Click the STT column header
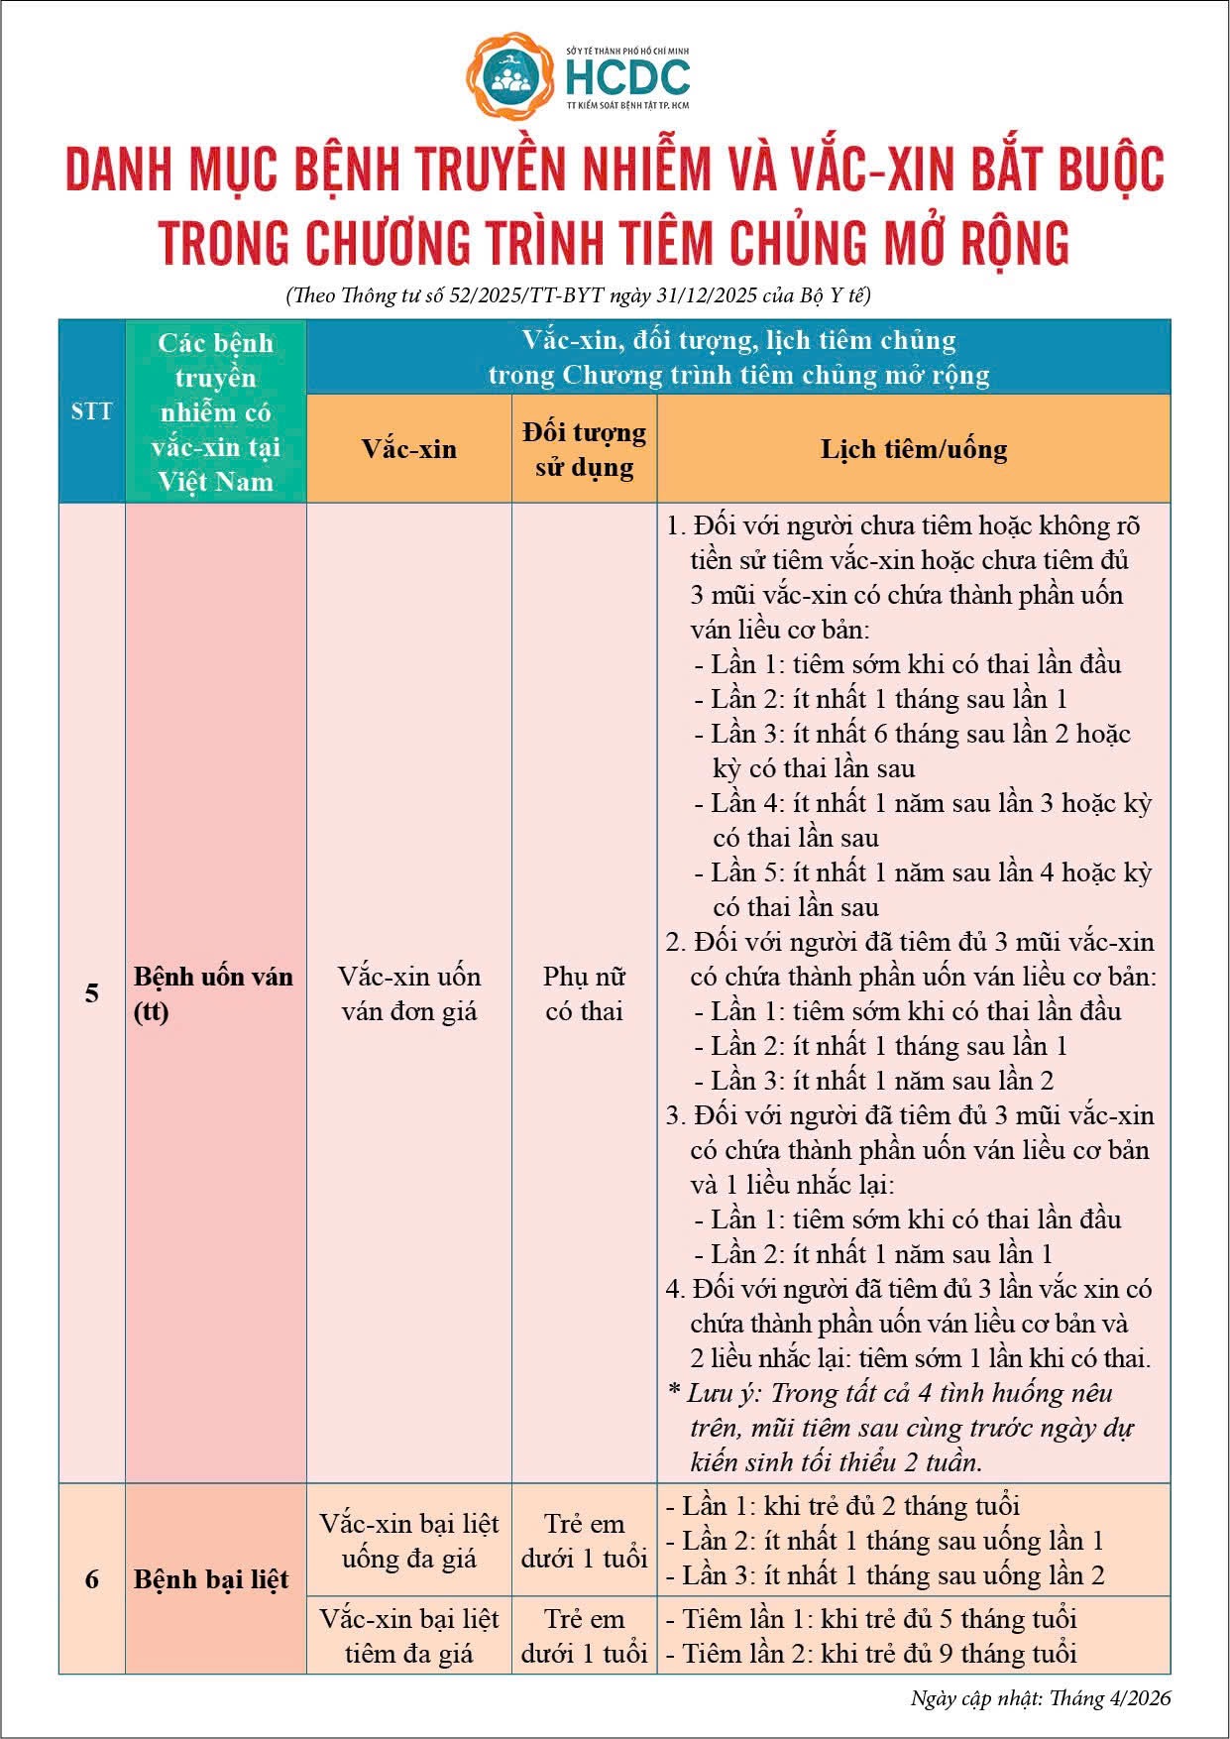(x=91, y=410)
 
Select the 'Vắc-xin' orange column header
(x=408, y=449)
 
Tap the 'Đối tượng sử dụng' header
(x=584, y=449)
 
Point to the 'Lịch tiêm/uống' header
(x=913, y=449)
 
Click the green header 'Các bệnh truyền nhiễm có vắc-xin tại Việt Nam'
(x=215, y=411)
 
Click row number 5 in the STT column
(x=91, y=993)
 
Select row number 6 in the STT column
(x=91, y=1578)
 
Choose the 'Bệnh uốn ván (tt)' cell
(x=213, y=993)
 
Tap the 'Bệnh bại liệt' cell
(x=211, y=1578)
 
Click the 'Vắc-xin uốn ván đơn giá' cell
(x=408, y=993)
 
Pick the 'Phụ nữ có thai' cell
(x=584, y=993)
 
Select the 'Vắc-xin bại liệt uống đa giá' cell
(x=408, y=1541)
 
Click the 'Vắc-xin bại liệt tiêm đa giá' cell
(x=408, y=1636)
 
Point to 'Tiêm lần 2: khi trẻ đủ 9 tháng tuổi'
(x=879, y=1653)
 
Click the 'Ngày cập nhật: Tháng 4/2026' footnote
(x=1040, y=1697)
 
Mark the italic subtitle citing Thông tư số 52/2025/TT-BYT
(x=578, y=295)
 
